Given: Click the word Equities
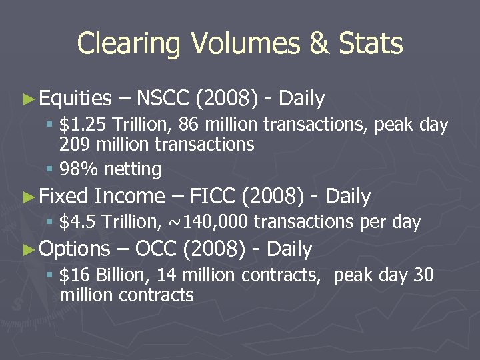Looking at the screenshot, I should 75,99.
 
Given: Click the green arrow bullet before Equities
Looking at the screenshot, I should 27,99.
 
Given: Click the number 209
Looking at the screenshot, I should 74,144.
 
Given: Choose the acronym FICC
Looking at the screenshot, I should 213,196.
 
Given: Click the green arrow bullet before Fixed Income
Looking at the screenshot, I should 27,197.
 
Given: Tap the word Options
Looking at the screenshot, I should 75,249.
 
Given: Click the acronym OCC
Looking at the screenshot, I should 155,249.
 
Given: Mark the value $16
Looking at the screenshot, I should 74,275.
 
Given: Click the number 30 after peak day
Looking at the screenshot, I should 423,275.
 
